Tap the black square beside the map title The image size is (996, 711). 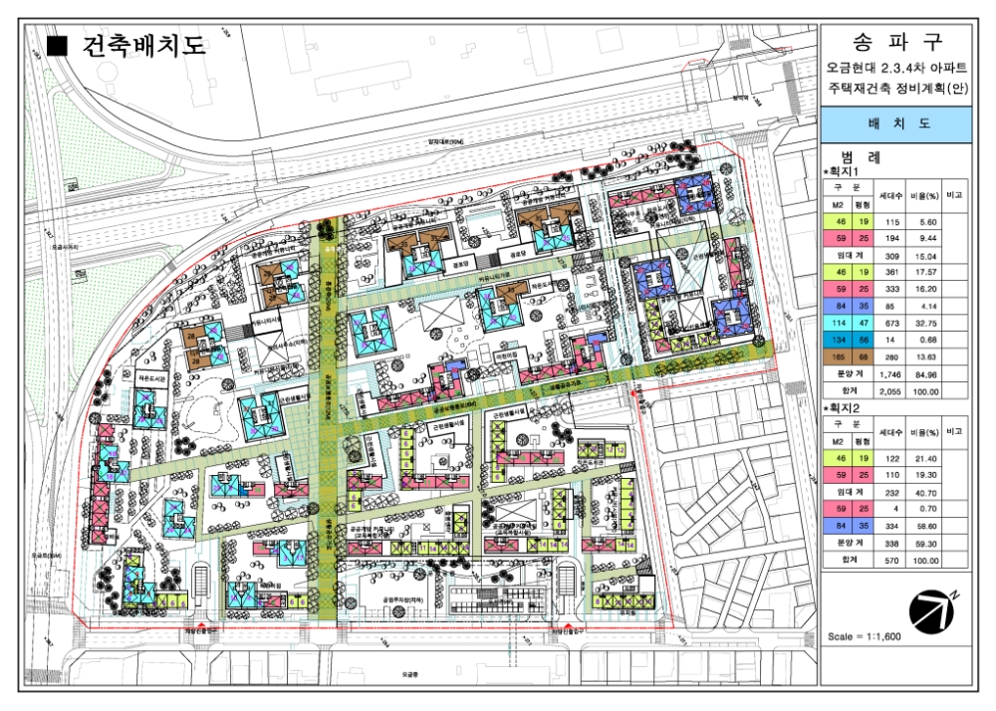(57, 45)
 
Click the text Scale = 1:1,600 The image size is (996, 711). (864, 634)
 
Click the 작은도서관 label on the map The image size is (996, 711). (149, 377)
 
